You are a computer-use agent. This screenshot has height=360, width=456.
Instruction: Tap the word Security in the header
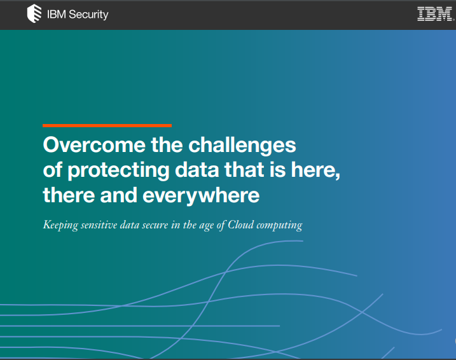[88, 15]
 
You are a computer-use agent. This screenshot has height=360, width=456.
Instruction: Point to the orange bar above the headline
[107, 125]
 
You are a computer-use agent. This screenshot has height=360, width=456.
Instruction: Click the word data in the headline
[192, 170]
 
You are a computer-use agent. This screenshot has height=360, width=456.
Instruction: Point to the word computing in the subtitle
[280, 226]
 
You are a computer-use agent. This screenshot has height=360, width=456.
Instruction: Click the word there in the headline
[69, 195]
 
